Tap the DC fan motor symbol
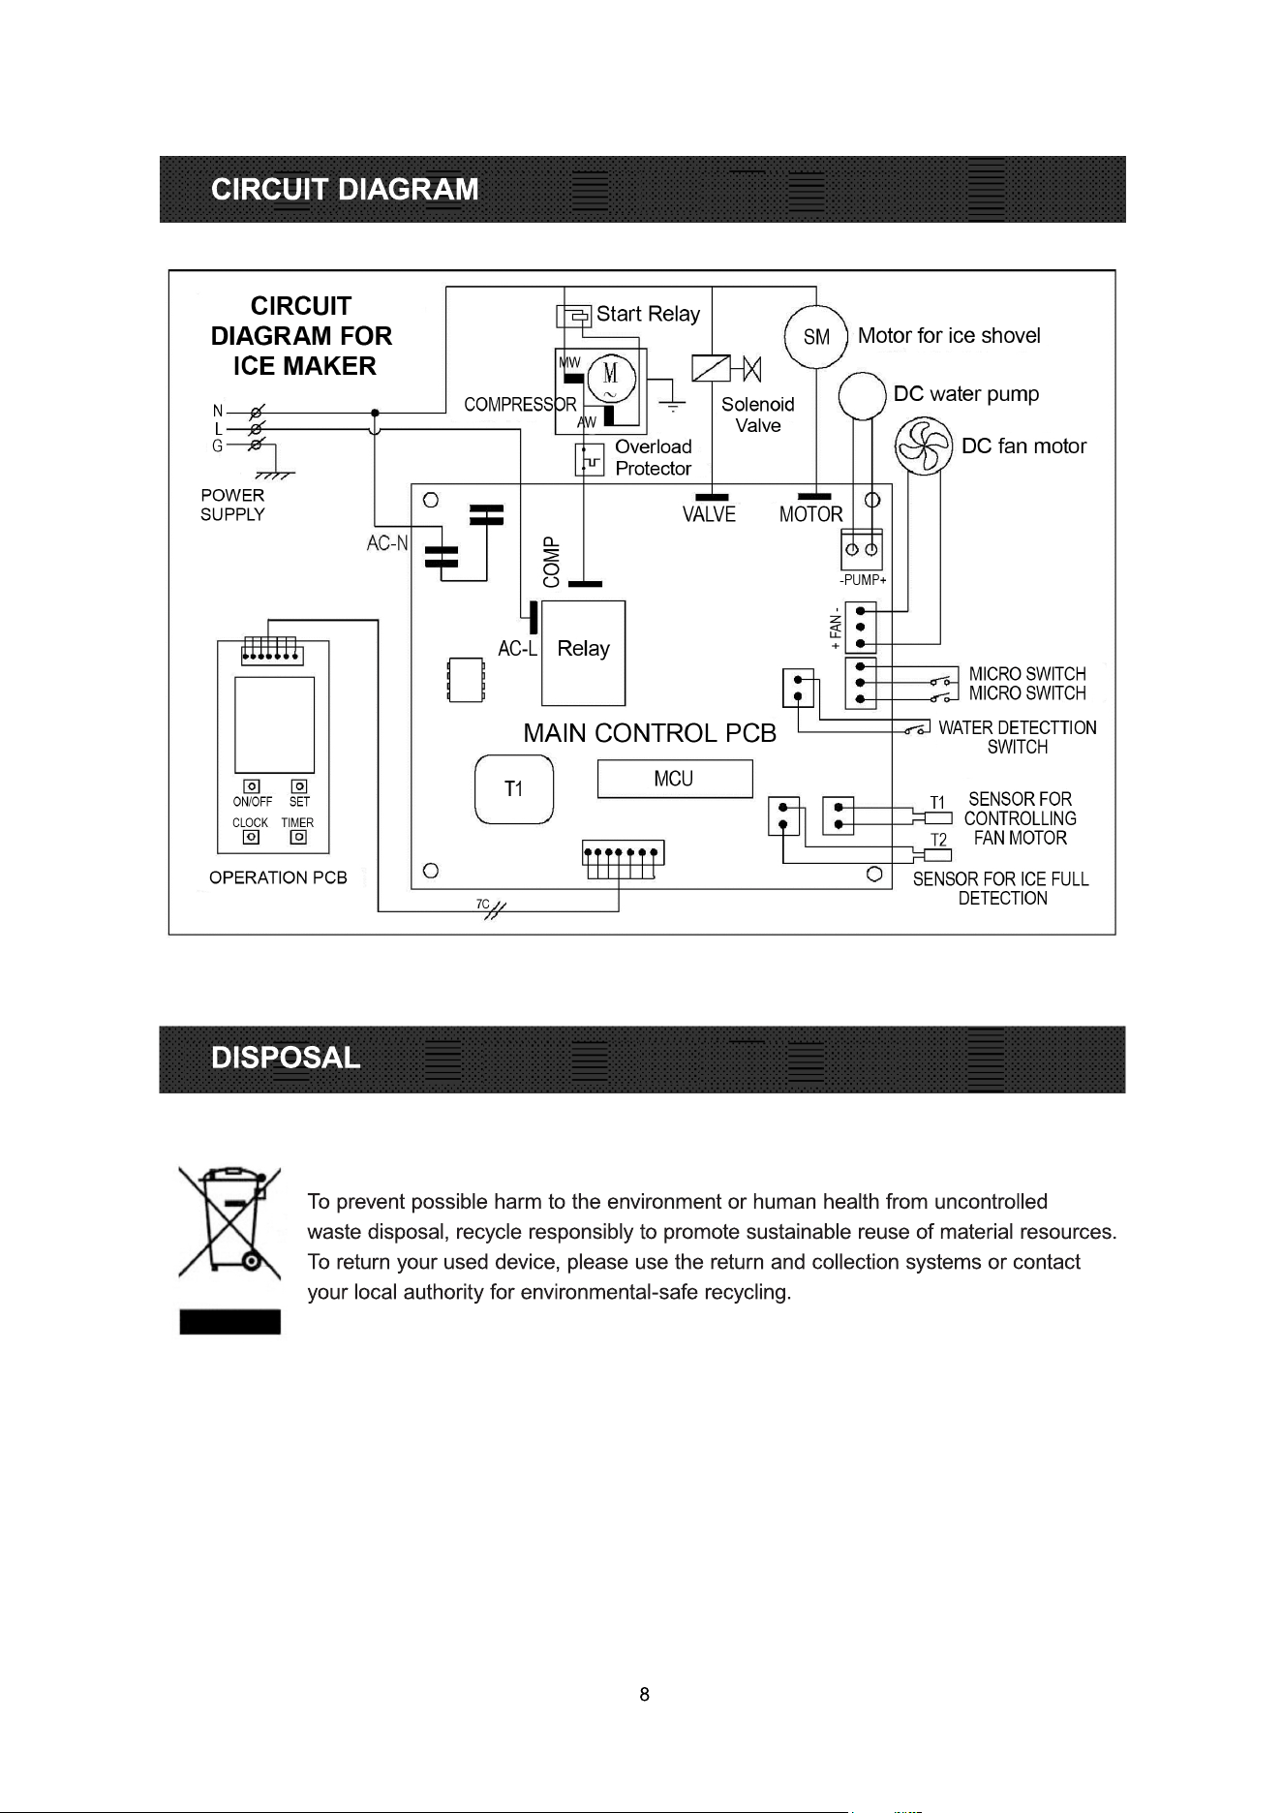click(924, 446)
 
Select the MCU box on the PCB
click(674, 779)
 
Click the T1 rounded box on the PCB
click(514, 789)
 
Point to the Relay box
click(583, 653)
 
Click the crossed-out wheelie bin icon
click(229, 1222)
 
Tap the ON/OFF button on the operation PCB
click(251, 786)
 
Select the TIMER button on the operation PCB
click(299, 837)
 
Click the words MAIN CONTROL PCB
click(650, 733)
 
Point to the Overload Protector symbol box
click(590, 460)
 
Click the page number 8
click(645, 1694)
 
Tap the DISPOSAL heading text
click(286, 1058)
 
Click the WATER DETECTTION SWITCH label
click(1018, 737)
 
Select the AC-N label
click(387, 543)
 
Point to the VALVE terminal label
click(709, 514)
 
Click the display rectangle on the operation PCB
click(274, 725)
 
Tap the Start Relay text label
click(648, 314)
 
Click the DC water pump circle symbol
click(862, 396)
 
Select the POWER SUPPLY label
click(232, 505)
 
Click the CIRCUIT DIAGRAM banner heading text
click(345, 189)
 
